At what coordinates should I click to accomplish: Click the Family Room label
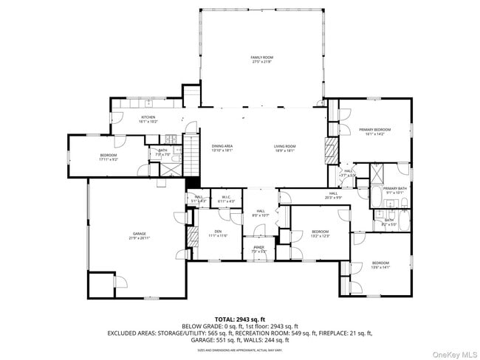(x=261, y=59)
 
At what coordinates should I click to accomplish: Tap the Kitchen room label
(x=148, y=120)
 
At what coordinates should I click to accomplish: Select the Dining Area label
(x=222, y=148)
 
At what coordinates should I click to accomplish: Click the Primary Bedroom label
(x=375, y=131)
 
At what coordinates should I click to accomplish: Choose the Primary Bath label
(x=395, y=190)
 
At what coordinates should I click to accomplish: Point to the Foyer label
(x=259, y=249)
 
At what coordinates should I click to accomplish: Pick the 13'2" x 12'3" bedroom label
(x=319, y=233)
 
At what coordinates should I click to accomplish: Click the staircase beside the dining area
(x=191, y=156)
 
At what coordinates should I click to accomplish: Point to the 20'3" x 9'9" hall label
(x=313, y=196)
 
